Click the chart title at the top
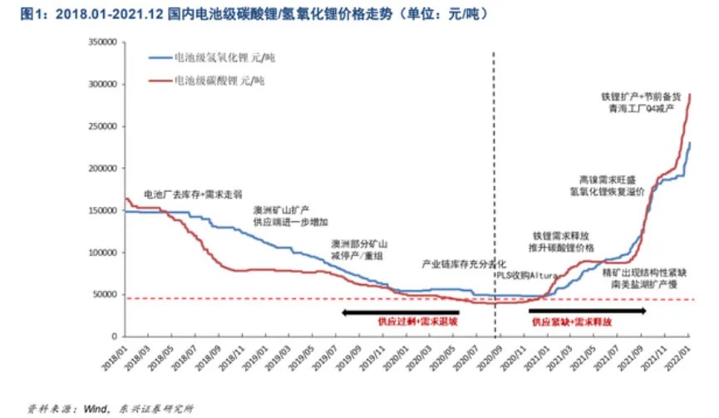point(249,14)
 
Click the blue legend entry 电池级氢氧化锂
point(218,58)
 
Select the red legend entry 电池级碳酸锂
point(218,81)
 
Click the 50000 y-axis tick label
point(105,294)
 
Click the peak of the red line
point(690,95)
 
